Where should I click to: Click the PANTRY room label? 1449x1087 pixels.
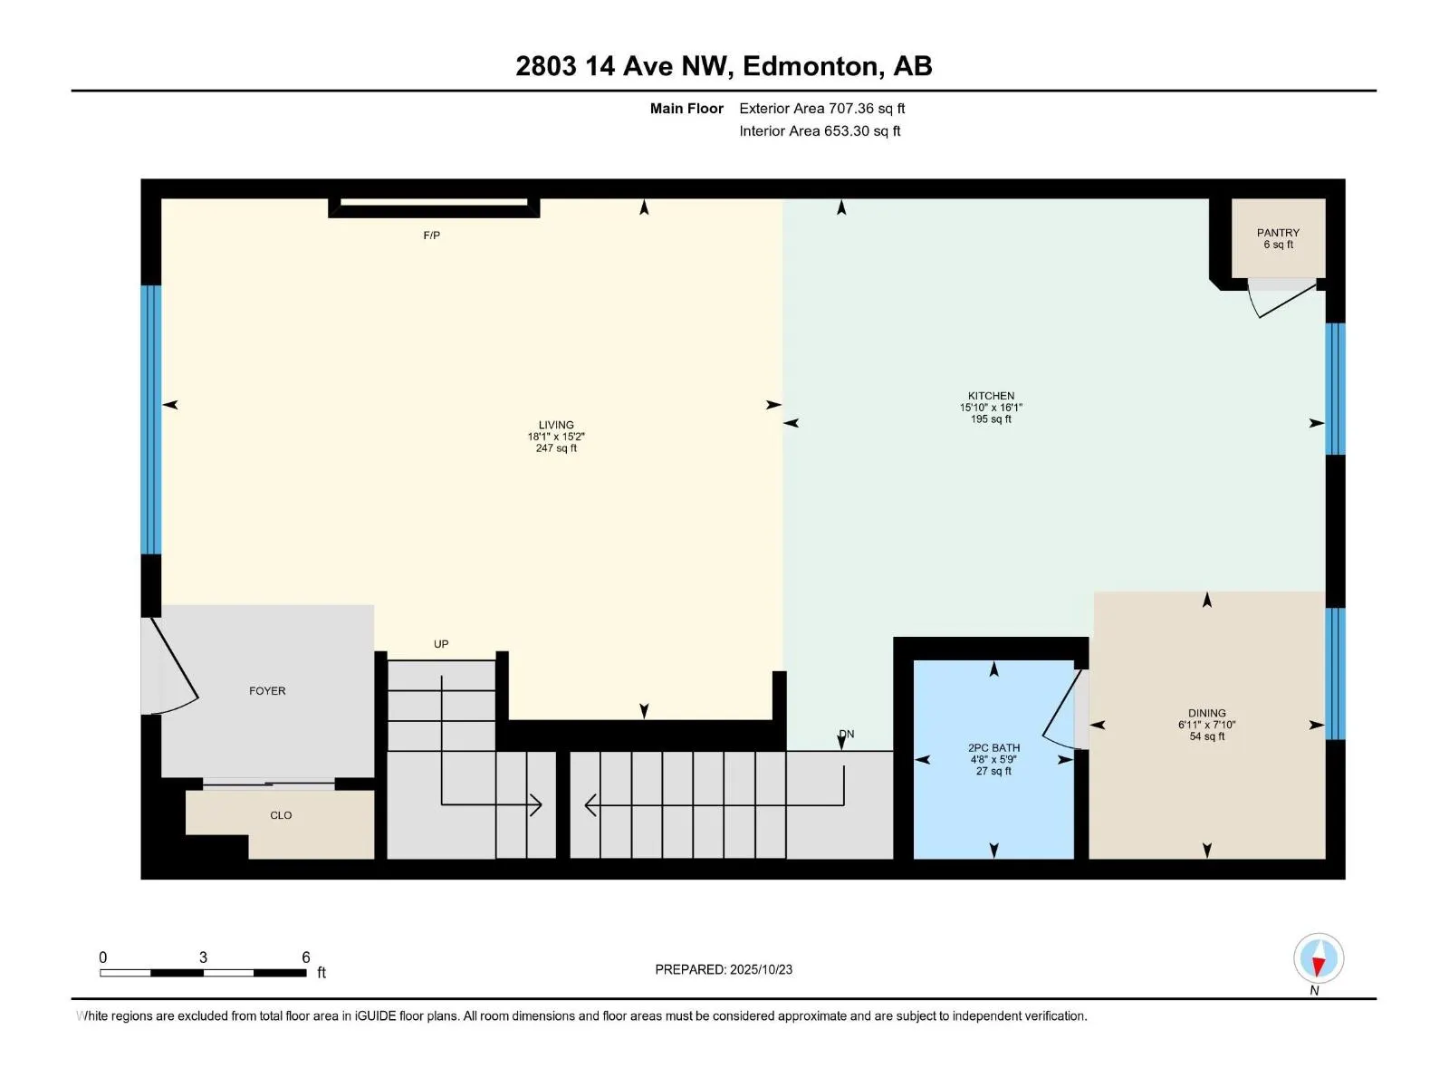point(1277,233)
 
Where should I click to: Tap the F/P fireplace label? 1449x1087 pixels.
point(432,236)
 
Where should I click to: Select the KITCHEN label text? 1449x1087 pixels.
point(991,396)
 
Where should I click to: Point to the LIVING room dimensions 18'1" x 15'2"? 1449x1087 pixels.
point(556,437)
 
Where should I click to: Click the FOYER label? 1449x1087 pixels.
point(267,691)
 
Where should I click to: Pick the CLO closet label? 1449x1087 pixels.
point(281,815)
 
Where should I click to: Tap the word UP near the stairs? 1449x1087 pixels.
point(441,644)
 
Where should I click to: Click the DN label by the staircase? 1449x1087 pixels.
point(847,734)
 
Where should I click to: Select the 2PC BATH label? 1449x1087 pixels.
point(993,748)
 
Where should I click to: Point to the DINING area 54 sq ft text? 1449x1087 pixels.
point(1206,736)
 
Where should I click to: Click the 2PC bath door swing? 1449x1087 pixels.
point(1062,712)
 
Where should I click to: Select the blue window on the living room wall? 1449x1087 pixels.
point(151,419)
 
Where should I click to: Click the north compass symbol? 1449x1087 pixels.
point(1319,959)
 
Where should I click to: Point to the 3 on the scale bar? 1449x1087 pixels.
point(203,957)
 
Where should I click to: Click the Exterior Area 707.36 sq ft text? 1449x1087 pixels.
point(821,109)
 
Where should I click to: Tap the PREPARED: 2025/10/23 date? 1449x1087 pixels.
point(724,969)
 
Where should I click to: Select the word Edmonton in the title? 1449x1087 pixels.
point(809,66)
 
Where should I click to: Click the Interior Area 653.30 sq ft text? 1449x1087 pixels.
point(820,131)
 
